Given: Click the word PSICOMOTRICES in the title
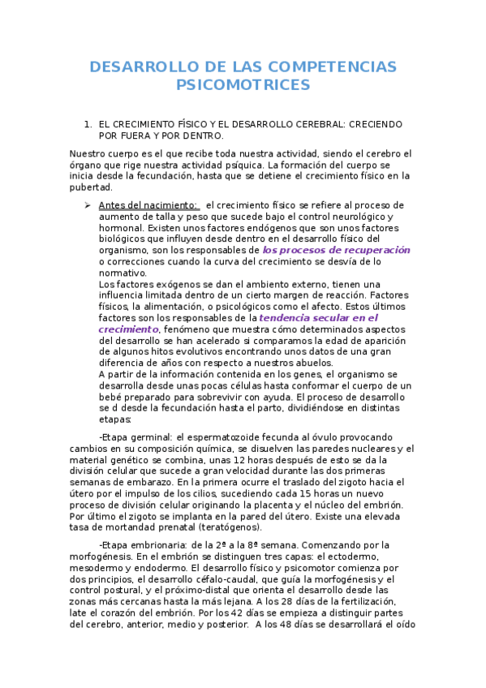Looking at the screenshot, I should (x=243, y=84).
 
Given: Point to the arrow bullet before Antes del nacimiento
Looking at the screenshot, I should (x=88, y=205).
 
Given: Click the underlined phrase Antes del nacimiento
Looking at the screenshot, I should (x=147, y=205).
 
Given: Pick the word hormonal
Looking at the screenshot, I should (x=120, y=228).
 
